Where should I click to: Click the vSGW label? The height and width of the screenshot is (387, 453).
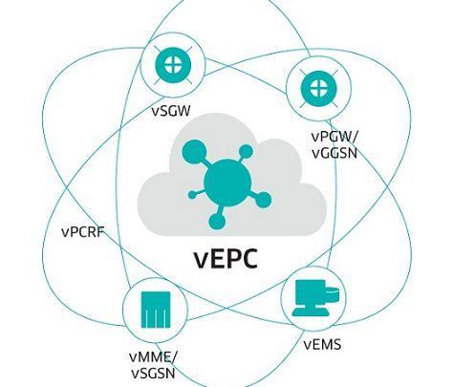pos(171,111)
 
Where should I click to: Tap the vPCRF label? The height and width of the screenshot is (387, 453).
pos(83,232)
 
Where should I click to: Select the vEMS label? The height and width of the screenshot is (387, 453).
pos(322,344)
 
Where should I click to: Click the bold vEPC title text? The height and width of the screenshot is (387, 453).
pos(226,259)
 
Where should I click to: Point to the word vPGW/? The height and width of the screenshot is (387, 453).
pos(334,137)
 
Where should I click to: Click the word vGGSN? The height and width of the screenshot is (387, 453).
pos(334,153)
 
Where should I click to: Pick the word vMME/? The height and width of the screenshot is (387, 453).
pos(153,356)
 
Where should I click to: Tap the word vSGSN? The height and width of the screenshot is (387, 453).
pos(153,374)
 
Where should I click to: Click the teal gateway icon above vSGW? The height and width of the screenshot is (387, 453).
pos(173,65)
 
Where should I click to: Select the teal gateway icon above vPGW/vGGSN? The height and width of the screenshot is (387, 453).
pos(318,87)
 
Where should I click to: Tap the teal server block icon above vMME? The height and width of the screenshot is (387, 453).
pos(156,310)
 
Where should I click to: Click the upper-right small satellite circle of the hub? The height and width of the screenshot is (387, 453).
pos(246,152)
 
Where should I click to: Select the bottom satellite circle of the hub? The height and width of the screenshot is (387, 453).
pos(217,221)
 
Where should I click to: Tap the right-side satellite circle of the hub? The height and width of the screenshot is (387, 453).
pos(263,200)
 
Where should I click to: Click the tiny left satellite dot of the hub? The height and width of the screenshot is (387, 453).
pos(192,195)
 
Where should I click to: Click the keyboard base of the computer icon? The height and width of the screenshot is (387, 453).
pos(310,312)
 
